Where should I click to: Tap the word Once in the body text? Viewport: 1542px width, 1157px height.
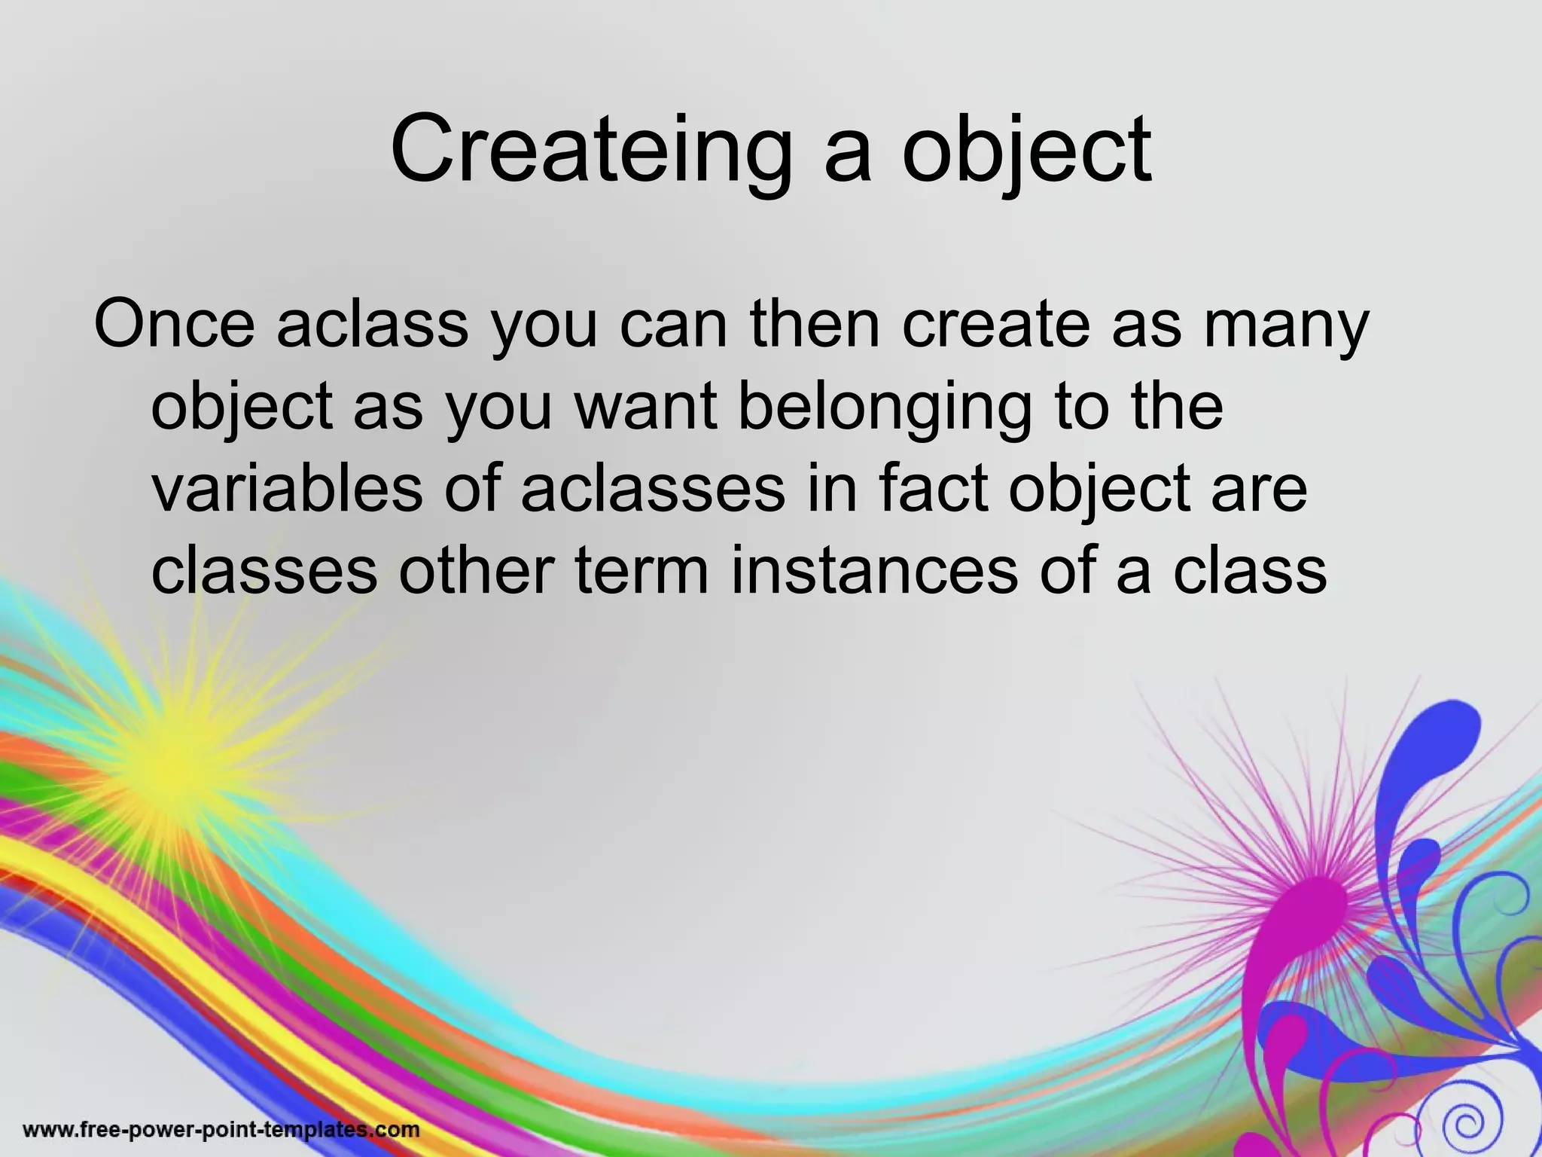[x=175, y=324]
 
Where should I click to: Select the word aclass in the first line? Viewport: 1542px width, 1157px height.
[x=373, y=324]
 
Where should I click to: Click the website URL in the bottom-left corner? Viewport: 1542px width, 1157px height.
[x=221, y=1130]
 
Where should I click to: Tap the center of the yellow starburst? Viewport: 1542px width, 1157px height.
[x=169, y=765]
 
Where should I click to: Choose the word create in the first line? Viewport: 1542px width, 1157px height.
[x=995, y=324]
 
